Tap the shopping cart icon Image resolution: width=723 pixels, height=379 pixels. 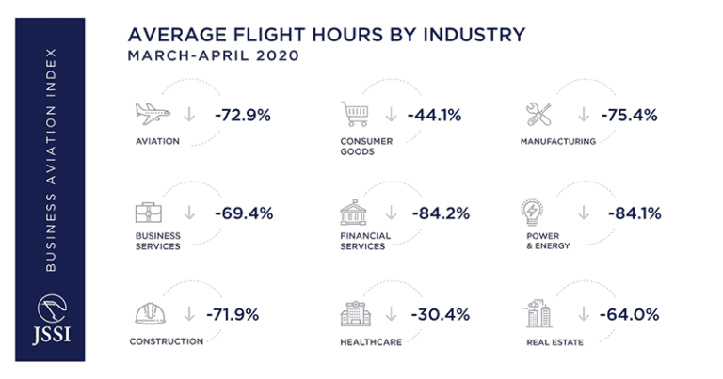coord(354,115)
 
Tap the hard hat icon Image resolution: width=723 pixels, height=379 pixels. coord(150,313)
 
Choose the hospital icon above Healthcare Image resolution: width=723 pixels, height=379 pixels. coord(354,312)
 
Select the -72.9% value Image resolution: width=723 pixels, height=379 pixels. coord(242,116)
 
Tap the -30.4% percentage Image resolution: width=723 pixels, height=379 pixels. coord(440,314)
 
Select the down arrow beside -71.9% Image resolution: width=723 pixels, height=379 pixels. coord(189,314)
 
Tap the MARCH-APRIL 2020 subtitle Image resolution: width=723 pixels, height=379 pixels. coord(213,55)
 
